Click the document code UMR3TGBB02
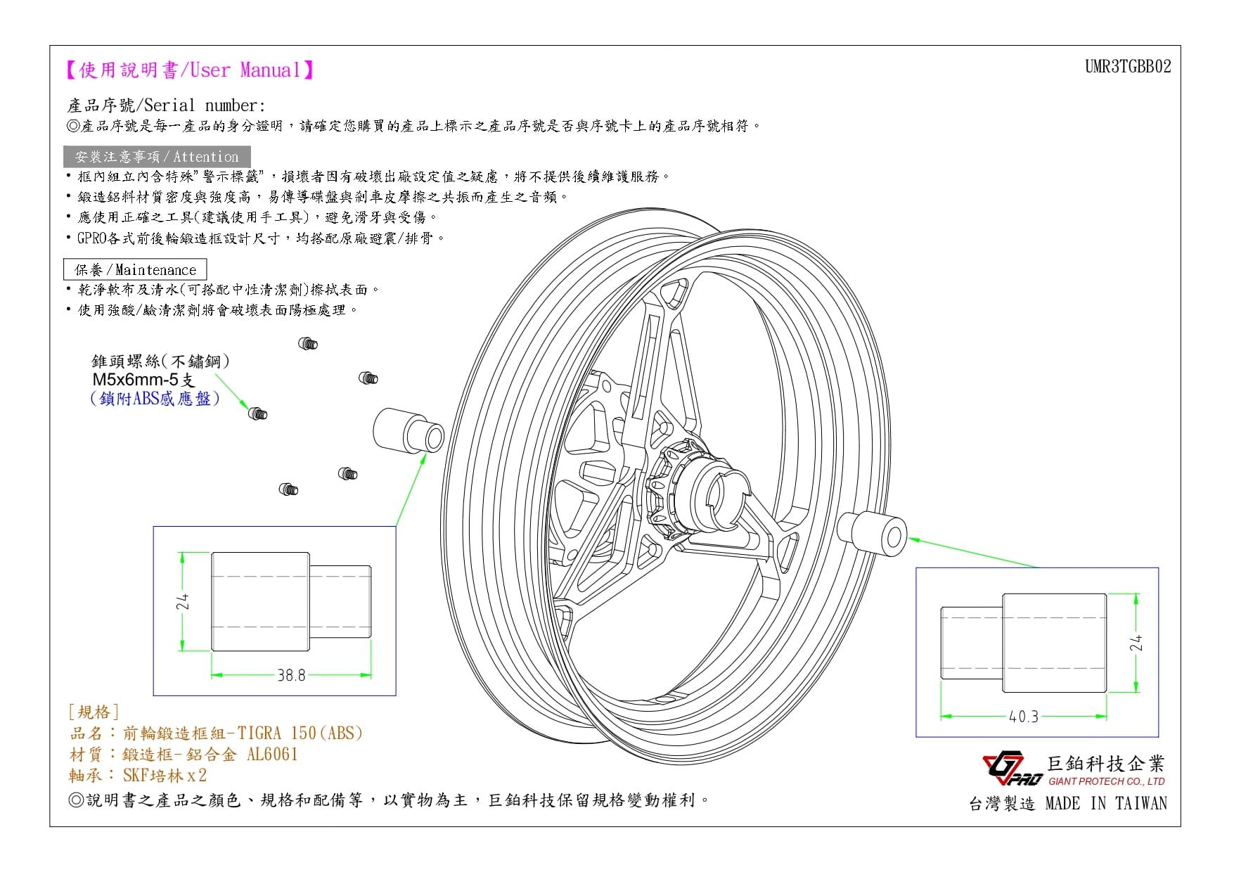[x=1128, y=66]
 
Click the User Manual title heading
[x=189, y=70]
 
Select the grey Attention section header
[x=157, y=157]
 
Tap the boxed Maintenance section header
[x=135, y=269]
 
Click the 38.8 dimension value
[x=291, y=675]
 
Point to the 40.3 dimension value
[x=1023, y=717]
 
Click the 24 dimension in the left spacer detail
[x=183, y=601]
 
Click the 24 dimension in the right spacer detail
[x=1136, y=643]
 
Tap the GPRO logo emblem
[x=1012, y=770]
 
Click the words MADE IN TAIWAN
[x=1106, y=803]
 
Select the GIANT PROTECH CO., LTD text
[x=1106, y=781]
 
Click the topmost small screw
[x=308, y=343]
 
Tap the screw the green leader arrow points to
[x=258, y=413]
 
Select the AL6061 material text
[x=272, y=755]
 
